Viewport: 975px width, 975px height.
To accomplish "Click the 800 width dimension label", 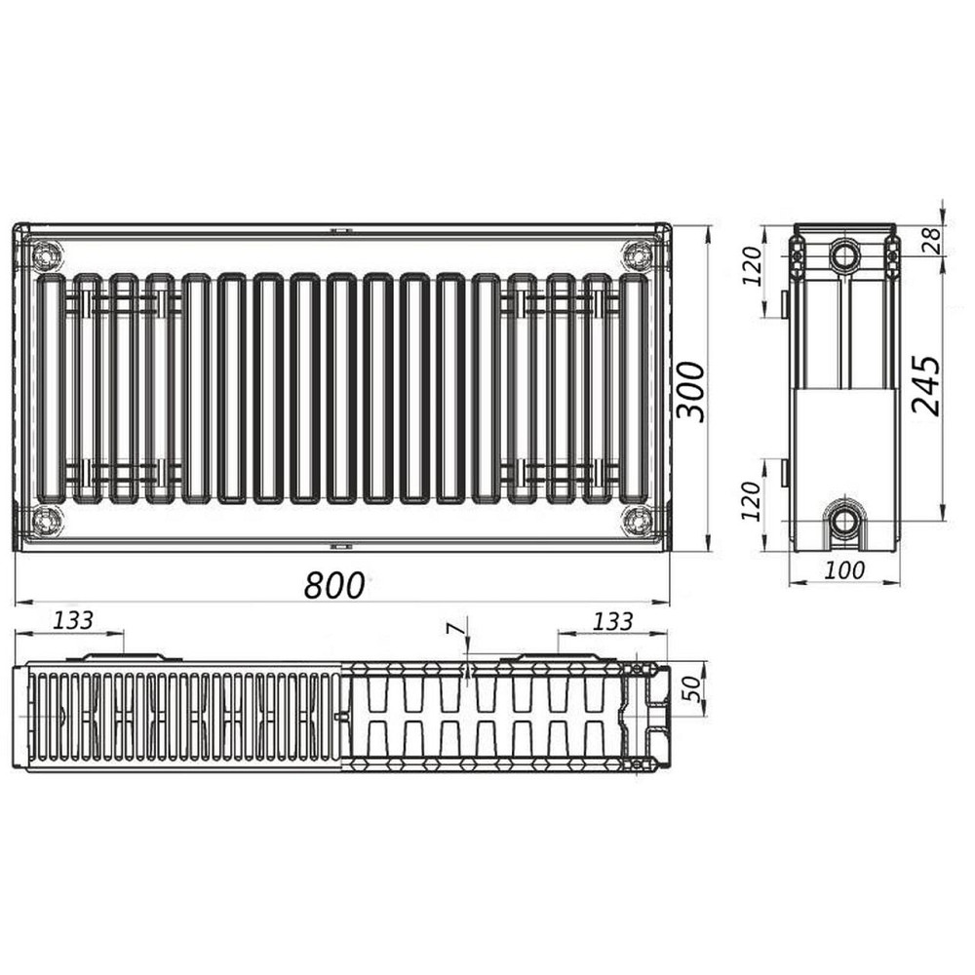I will pos(334,584).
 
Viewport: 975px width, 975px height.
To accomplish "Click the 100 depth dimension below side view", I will pos(843,569).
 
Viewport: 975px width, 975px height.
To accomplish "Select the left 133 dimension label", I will pos(73,620).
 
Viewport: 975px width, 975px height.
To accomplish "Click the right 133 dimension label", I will pos(612,620).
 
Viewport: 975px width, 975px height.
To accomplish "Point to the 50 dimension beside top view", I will pos(691,687).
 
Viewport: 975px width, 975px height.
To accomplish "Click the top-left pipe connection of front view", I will pos(46,256).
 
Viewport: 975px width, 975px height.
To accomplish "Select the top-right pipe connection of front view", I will pos(638,255).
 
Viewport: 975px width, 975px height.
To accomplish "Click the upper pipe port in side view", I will pos(844,256).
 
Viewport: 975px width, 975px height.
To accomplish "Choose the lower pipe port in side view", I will pos(844,521).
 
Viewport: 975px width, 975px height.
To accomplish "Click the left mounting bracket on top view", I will pos(124,657).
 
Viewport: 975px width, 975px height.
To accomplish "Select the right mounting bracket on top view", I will pos(559,657).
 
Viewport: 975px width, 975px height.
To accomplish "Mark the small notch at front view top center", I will pos(340,231).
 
